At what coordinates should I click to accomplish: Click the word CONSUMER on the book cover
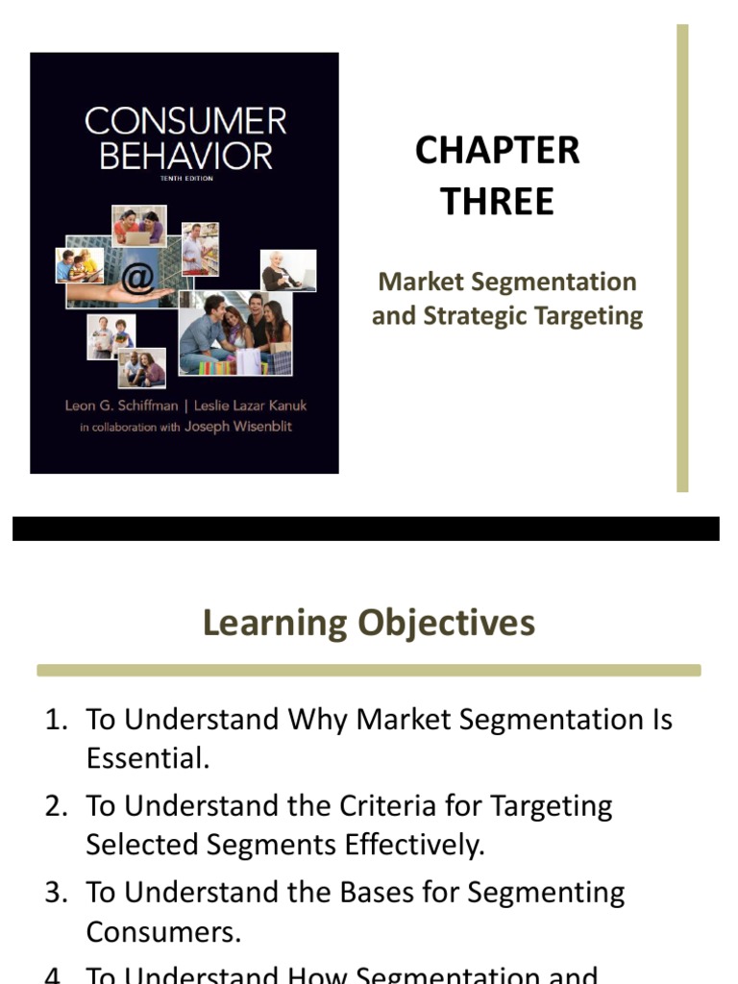(185, 122)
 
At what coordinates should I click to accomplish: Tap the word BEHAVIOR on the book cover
(185, 155)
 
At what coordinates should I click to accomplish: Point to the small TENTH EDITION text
(185, 179)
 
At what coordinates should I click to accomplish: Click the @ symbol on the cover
(138, 279)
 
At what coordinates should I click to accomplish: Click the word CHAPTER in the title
(497, 151)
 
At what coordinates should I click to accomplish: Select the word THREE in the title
(497, 202)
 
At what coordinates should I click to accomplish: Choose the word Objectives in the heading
(446, 623)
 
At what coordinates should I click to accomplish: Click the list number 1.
(55, 720)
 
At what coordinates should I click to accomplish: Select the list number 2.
(55, 805)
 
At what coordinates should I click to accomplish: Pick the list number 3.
(55, 893)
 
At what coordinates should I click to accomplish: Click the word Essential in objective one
(145, 758)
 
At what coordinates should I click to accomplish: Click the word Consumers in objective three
(160, 931)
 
